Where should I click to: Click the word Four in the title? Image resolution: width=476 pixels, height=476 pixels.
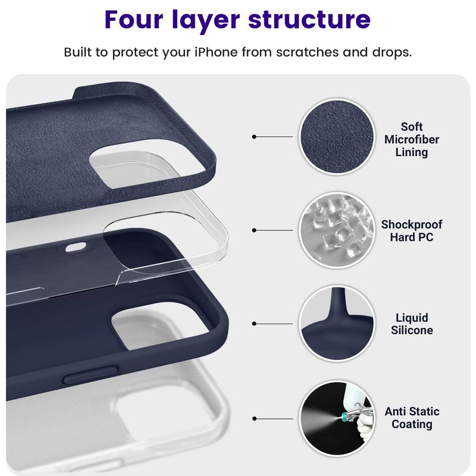coord(134,20)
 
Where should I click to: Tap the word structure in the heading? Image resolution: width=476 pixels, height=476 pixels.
coord(309,20)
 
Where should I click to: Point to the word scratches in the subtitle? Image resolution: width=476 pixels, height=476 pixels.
coord(307,52)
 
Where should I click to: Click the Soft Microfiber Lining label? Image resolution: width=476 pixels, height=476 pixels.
coord(411,139)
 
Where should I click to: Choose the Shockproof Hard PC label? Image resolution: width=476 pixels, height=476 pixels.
coord(411,231)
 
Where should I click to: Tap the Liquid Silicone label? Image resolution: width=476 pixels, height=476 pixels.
coord(412,324)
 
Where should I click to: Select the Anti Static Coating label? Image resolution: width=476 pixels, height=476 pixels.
coord(412,418)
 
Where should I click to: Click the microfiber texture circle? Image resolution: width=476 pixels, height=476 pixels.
coord(337,137)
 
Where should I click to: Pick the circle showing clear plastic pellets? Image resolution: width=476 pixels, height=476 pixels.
coord(337,230)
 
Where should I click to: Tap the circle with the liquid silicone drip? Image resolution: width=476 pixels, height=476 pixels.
coord(337,324)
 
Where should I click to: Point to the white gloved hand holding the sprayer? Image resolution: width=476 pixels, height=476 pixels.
coord(364,427)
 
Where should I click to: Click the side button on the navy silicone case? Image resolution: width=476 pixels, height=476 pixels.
coord(90,375)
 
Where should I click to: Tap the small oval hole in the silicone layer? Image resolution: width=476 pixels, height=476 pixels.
coord(76,247)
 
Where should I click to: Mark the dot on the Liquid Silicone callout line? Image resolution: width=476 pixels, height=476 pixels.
coord(254,324)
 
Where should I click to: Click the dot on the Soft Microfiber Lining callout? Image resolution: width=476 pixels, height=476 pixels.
coord(254,137)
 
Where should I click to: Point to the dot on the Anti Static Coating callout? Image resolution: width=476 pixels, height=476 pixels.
coord(254,419)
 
